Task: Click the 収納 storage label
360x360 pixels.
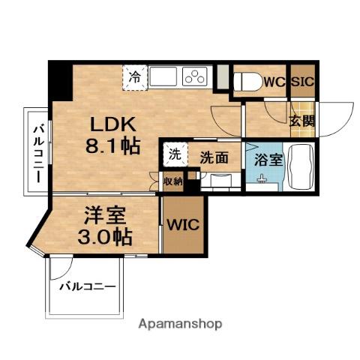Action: pyautogui.click(x=172, y=181)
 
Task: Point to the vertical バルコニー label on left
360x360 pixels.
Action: pyautogui.click(x=36, y=153)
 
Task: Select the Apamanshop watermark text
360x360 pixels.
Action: pyautogui.click(x=179, y=325)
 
